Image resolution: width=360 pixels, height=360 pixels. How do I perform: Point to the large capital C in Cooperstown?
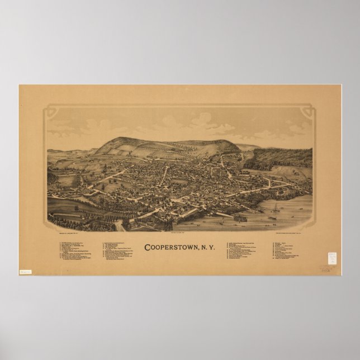click(148, 247)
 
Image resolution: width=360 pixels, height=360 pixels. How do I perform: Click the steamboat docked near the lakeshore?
click(240, 217)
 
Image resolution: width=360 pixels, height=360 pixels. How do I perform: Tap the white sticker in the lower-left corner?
click(25, 272)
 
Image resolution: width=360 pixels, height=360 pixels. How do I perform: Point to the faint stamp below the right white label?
click(326, 268)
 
